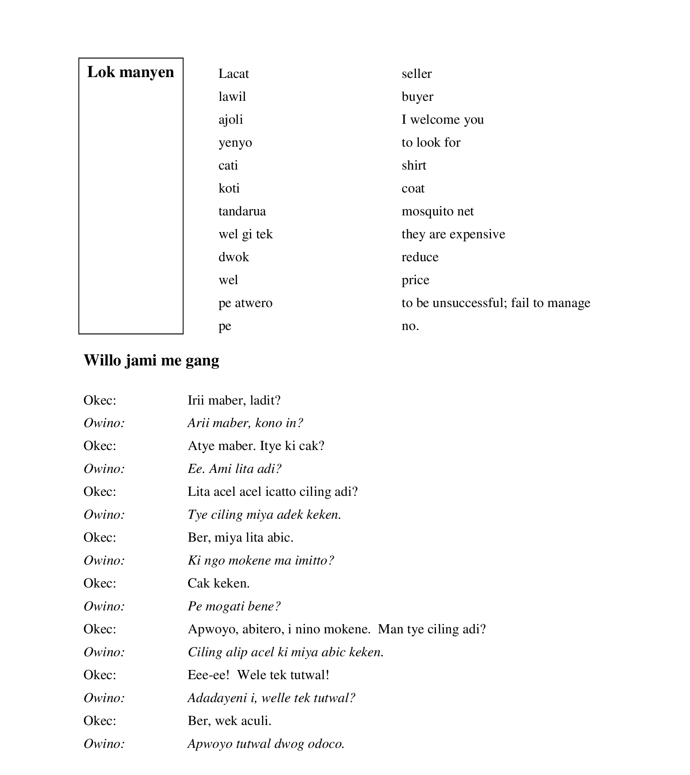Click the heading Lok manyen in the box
131,72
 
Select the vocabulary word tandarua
242,211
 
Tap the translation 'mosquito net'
438,211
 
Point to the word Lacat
234,74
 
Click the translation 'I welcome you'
443,120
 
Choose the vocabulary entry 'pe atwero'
245,303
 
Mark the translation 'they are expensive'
453,234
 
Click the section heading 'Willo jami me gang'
151,360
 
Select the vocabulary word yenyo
235,142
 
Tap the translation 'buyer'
417,97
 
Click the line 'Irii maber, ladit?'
234,400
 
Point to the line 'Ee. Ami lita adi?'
234,469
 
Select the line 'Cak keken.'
219,583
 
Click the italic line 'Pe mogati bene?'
234,606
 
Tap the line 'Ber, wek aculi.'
229,720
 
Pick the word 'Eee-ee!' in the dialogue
209,675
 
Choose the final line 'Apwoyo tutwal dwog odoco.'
266,744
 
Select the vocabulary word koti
229,188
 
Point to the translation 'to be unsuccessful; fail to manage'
496,303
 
